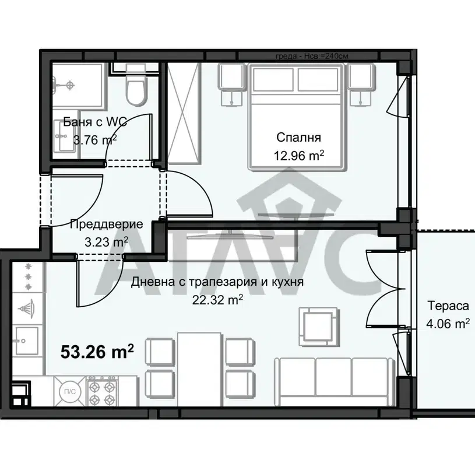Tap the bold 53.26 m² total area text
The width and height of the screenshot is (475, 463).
coord(97,352)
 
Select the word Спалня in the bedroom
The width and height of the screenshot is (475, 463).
coord(298,138)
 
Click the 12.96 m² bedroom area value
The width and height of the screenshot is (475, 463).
coord(299,156)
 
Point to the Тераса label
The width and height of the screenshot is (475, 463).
coord(448,306)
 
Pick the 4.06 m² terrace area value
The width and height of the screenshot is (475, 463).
coord(448,324)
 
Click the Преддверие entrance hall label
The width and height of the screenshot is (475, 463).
coord(106,225)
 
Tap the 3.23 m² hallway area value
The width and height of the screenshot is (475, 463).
coord(106,242)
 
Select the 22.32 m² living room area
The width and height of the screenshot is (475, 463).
coord(217,300)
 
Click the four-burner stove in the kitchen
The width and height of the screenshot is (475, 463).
coord(102,391)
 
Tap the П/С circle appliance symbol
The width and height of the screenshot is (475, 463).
coord(70,391)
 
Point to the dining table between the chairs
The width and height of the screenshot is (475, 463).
coord(200,369)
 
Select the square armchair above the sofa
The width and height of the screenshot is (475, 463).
coord(318,327)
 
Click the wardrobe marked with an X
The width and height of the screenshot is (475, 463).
coord(184,114)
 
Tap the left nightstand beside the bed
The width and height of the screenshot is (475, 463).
coord(232,85)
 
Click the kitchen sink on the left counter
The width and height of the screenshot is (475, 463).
coord(27,341)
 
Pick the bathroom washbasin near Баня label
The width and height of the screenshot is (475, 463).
coord(64,136)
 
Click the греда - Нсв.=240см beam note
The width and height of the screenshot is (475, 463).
coord(312,56)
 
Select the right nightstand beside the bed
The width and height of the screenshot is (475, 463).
coord(361,85)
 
